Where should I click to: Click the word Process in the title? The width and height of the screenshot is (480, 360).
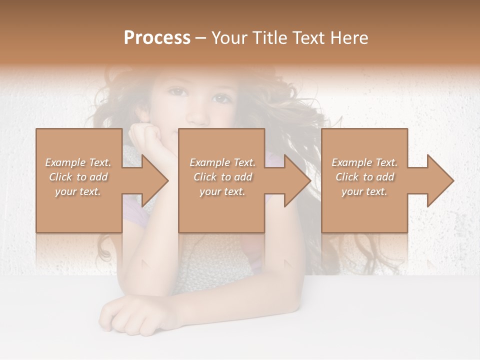[x=157, y=38]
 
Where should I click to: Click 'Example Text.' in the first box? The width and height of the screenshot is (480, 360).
[x=78, y=162]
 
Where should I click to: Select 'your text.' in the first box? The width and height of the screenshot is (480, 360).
[x=78, y=191]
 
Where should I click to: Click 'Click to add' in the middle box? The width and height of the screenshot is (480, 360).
[x=222, y=177]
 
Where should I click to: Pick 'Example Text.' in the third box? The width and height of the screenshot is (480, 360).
[x=364, y=162]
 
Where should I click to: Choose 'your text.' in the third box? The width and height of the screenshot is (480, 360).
[x=364, y=191]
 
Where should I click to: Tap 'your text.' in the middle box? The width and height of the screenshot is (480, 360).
[x=222, y=191]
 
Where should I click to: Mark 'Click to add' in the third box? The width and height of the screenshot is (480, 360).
[x=364, y=177]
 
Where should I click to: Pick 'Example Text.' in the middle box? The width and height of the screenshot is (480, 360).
[x=222, y=162]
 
